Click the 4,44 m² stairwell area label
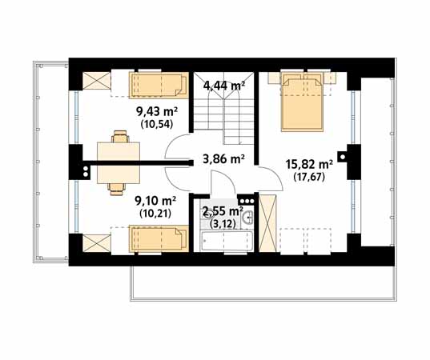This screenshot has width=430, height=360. click(x=224, y=86)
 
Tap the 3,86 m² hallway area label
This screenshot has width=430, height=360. click(x=223, y=158)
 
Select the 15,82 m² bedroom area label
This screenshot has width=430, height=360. click(x=309, y=165)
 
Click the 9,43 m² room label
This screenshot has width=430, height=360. click(x=157, y=112)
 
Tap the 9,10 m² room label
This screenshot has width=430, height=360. click(x=155, y=201)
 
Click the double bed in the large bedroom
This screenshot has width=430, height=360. click(x=302, y=101)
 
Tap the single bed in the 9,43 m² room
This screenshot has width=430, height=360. click(x=159, y=85)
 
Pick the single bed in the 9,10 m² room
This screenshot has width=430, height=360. click(x=159, y=238)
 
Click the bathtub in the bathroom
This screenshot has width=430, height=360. click(x=227, y=241)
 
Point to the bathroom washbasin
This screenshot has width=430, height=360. click(x=247, y=218)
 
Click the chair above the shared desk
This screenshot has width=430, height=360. click(x=120, y=137)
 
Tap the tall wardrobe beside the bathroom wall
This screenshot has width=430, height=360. click(x=268, y=222)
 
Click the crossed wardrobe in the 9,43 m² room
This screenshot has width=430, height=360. click(x=97, y=81)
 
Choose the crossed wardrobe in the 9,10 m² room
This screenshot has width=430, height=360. click(x=97, y=243)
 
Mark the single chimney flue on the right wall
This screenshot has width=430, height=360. click(x=342, y=157)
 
